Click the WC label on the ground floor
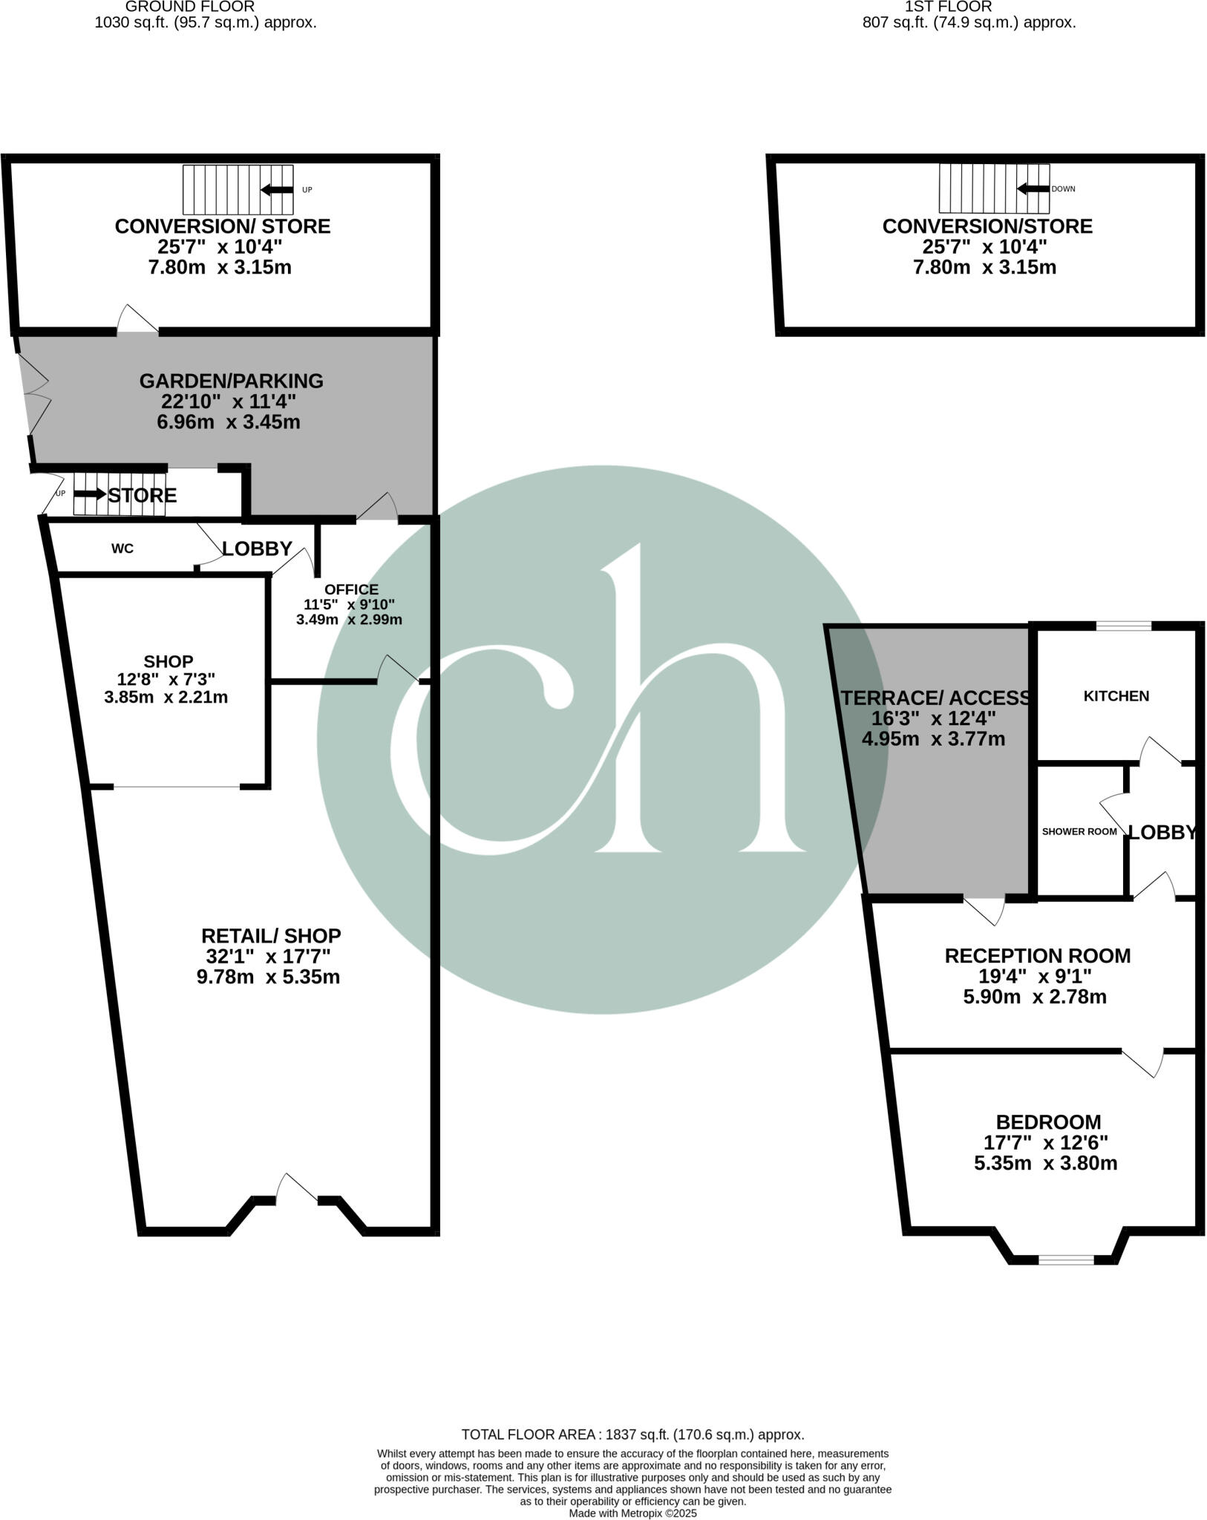(122, 548)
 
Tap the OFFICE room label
(351, 589)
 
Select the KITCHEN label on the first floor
(1116, 696)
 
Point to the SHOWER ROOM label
(1079, 831)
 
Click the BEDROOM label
(1048, 1122)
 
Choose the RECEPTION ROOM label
(1037, 956)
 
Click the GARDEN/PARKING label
(231, 381)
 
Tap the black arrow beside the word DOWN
(1033, 189)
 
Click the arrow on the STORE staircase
(90, 494)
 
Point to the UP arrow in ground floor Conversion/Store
(276, 190)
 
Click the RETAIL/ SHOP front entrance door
(297, 1190)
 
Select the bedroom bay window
(1065, 1259)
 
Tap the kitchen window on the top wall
(1123, 626)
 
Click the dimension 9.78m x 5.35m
(268, 977)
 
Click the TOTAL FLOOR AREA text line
(632, 1435)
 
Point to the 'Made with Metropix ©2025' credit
(632, 1513)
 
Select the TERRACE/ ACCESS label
(936, 698)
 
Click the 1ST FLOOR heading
(947, 6)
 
